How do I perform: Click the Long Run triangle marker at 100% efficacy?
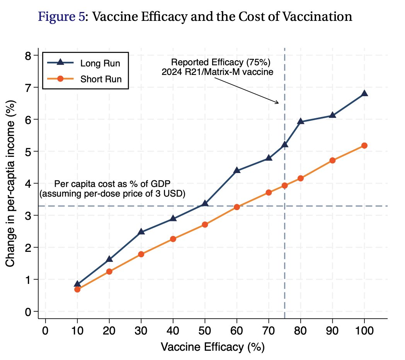click(364, 93)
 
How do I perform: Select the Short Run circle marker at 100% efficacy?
click(364, 146)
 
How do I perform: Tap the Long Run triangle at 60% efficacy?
click(237, 170)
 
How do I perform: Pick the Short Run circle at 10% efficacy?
click(77, 289)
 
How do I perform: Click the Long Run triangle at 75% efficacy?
click(284, 144)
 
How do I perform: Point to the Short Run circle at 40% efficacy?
click(173, 239)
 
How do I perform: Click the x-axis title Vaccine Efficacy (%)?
click(213, 347)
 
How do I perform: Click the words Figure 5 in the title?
click(60, 17)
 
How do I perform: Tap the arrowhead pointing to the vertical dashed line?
click(277, 103)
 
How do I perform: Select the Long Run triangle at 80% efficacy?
click(300, 122)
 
